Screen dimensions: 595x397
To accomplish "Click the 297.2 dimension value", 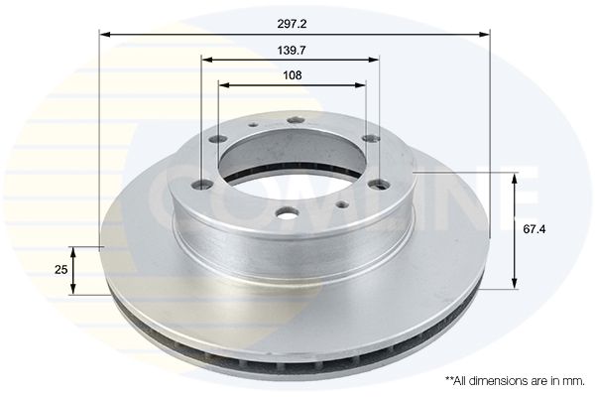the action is click(x=292, y=24).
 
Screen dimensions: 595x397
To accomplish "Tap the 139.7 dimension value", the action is click(x=292, y=51).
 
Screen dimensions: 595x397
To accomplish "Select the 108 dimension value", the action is click(x=293, y=75).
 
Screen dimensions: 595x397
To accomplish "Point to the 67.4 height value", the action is click(x=535, y=229).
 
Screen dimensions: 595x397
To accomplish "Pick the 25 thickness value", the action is click(x=61, y=270).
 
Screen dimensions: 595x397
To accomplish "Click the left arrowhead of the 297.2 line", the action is click(x=105, y=35).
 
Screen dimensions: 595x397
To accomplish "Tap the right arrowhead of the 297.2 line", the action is click(x=485, y=35).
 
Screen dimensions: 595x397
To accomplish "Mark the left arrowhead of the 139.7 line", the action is click(x=207, y=60).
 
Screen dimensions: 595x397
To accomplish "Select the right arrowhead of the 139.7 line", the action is click(x=374, y=60).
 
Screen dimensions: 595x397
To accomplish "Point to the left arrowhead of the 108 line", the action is click(x=224, y=84).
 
